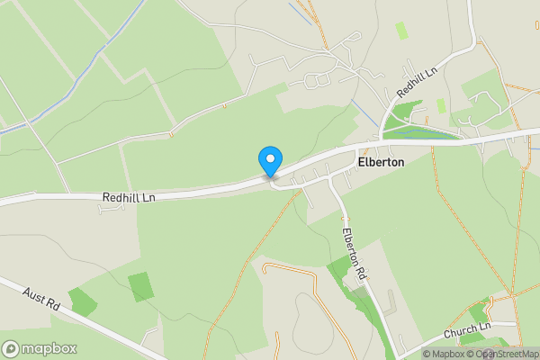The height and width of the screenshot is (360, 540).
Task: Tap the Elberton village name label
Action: (x=382, y=163)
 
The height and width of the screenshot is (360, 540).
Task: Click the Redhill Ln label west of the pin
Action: (x=129, y=197)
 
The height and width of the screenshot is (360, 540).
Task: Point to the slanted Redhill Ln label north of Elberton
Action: (x=418, y=80)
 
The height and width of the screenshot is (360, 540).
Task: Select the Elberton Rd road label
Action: (x=355, y=252)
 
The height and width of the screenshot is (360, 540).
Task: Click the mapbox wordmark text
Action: (x=50, y=349)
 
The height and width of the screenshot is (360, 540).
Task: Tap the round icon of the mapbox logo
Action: (x=11, y=349)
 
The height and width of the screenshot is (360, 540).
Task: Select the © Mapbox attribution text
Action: (x=449, y=354)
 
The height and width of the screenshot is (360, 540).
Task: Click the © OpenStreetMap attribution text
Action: (x=507, y=354)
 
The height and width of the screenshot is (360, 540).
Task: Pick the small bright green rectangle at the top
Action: (x=401, y=30)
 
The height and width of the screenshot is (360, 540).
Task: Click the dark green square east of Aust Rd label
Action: (x=141, y=286)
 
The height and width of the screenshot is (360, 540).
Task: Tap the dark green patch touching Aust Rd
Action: (x=83, y=301)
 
